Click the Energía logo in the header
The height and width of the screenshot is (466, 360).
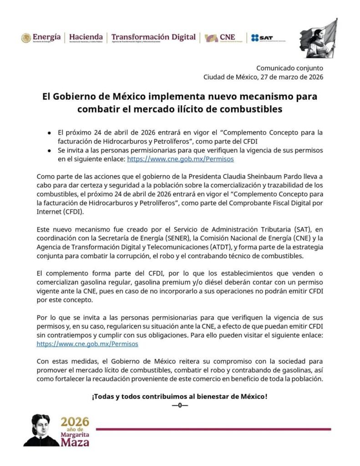click(41, 38)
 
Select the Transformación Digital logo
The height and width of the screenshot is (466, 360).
click(153, 38)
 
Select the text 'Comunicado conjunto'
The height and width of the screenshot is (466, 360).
click(289, 68)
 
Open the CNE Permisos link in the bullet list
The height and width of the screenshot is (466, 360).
click(180, 160)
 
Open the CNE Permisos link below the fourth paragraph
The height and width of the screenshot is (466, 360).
click(87, 344)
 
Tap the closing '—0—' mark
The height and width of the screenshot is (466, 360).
click(180, 405)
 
